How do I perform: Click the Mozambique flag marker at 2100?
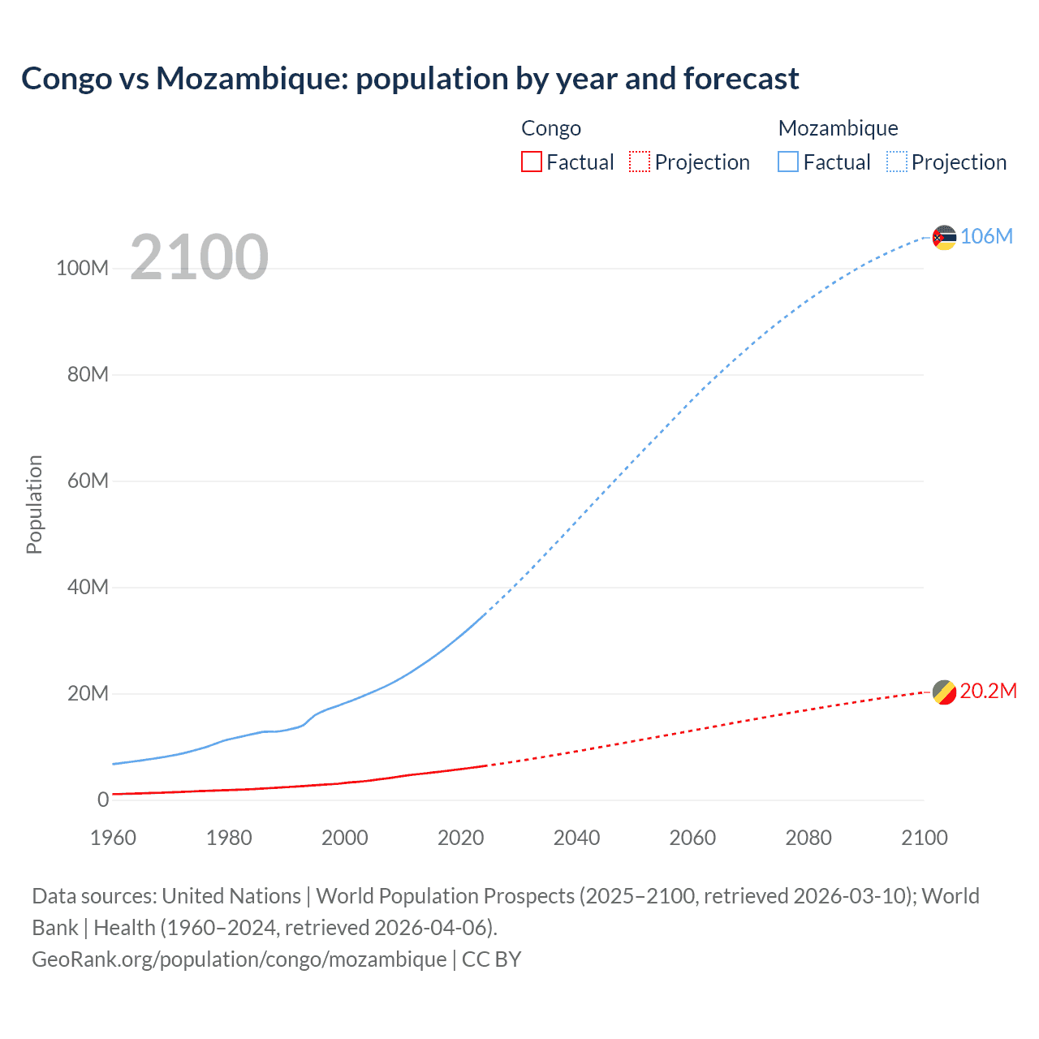[x=944, y=237]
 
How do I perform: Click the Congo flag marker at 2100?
[x=944, y=692]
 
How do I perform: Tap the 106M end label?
[x=986, y=236]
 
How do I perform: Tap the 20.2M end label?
[x=988, y=691]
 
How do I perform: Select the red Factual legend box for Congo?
[x=531, y=162]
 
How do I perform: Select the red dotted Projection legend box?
[x=640, y=162]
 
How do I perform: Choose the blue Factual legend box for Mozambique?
[x=787, y=162]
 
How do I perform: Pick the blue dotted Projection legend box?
[x=896, y=162]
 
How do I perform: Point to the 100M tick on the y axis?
[x=82, y=268]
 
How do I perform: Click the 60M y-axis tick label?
[x=88, y=481]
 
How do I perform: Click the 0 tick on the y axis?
[x=103, y=800]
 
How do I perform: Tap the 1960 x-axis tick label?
[x=113, y=838]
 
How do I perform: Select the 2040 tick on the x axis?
[x=576, y=838]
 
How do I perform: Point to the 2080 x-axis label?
[x=808, y=838]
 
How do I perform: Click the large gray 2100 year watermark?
[x=199, y=257]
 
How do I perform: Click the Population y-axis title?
[x=34, y=504]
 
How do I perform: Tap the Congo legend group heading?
[x=551, y=128]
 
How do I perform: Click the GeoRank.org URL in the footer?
[x=239, y=959]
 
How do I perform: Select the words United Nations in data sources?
[x=231, y=895]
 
